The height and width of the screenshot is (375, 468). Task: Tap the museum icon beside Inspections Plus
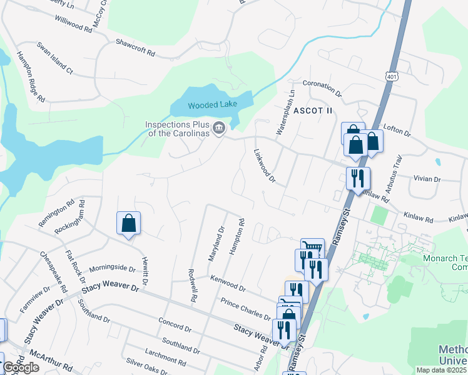pos(218,129)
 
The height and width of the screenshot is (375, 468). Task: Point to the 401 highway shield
pos(392,76)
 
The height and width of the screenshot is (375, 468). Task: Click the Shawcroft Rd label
pos(135,47)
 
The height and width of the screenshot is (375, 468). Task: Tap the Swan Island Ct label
pos(55,58)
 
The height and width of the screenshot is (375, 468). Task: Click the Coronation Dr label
pos(322,88)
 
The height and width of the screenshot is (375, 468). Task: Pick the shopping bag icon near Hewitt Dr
pos(128,223)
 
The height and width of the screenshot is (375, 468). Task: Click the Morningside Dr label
pos(112,268)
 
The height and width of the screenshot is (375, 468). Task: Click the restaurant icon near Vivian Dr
pos(358,177)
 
